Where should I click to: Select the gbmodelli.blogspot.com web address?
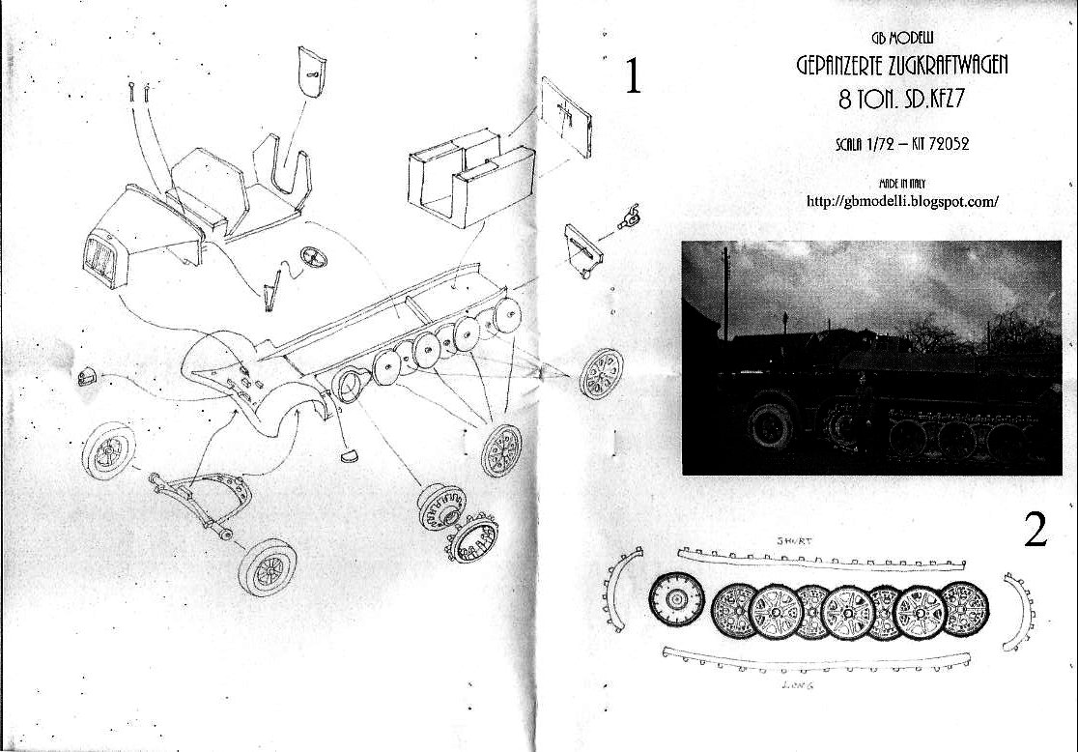click(902, 202)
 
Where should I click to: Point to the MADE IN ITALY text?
click(902, 184)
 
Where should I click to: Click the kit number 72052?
click(949, 144)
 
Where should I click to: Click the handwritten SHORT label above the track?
click(794, 540)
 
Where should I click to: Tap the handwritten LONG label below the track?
click(798, 685)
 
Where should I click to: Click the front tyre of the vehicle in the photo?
click(769, 426)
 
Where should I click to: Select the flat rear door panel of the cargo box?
click(566, 117)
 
